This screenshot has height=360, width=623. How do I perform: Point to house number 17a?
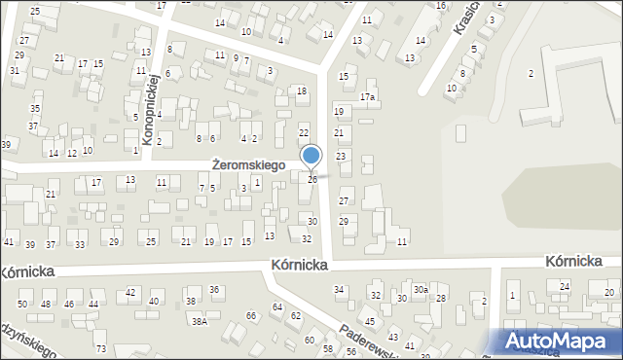367,97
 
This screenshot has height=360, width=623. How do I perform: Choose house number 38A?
199,321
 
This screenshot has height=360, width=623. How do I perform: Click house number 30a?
421,290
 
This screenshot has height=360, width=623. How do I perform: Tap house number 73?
100,347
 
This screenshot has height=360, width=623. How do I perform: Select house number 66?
251,315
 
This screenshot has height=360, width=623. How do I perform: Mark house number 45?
370,321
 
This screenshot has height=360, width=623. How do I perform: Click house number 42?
130,292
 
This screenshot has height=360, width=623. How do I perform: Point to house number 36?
214,290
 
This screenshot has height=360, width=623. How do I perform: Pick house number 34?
339,290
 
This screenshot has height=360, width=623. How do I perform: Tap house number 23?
341,157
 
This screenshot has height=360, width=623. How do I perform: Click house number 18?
302,90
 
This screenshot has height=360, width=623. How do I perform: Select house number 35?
34,108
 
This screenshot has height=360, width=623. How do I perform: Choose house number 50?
21,305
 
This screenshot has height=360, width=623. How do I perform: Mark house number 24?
564,286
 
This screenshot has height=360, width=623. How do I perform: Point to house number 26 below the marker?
311,180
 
